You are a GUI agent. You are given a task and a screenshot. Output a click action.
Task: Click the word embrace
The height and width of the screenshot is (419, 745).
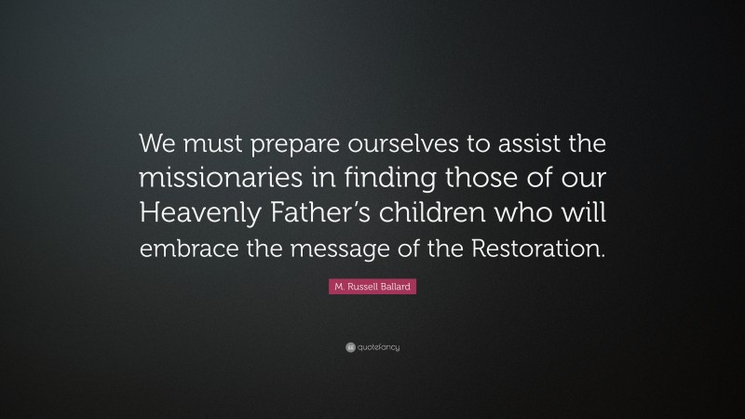pyautogui.click(x=186, y=249)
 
